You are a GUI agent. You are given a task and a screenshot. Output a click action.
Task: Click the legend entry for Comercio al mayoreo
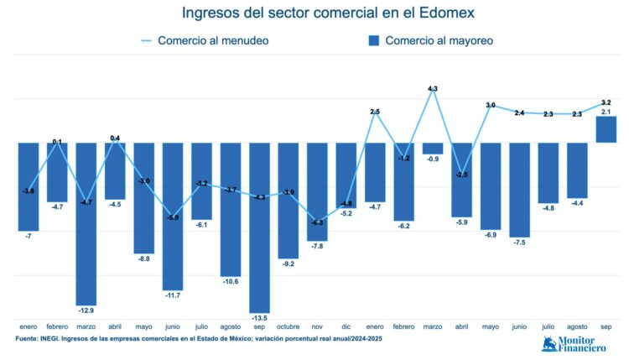430,40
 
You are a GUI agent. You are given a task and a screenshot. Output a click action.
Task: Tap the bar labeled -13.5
259,227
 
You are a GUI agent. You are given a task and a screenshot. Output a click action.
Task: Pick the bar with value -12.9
86,223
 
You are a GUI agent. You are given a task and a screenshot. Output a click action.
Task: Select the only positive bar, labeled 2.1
606,129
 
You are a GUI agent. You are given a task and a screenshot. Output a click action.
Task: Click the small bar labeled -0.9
433,148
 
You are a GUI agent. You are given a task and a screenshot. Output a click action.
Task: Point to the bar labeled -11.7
173,216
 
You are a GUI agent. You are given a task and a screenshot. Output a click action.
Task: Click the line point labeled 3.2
606,102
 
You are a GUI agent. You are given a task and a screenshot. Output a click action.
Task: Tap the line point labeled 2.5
375,112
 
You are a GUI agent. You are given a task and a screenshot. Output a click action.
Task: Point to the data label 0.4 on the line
115,138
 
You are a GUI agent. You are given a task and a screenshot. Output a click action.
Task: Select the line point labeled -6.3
317,222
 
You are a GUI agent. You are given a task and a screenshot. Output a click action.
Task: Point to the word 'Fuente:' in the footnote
30,338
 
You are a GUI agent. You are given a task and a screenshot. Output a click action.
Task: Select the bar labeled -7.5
519,190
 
